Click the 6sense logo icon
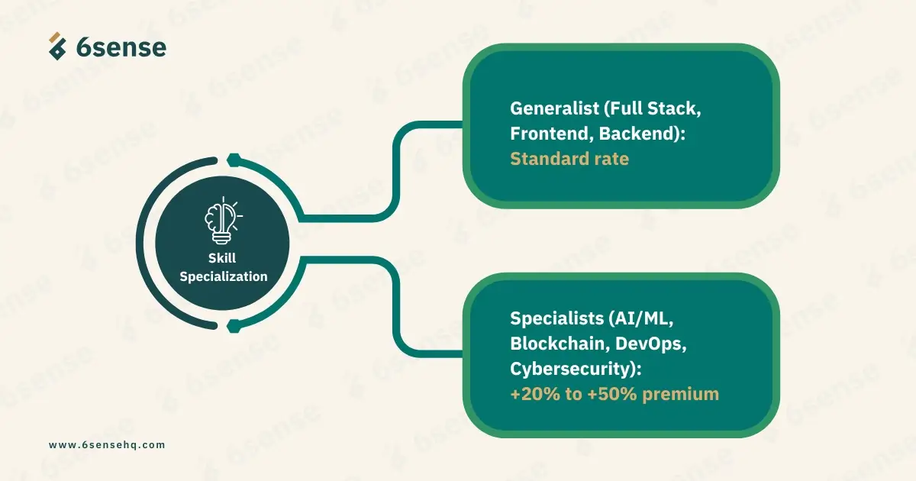pyautogui.click(x=57, y=47)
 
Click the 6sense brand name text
pyautogui.click(x=121, y=47)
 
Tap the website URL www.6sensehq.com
pyautogui.click(x=107, y=444)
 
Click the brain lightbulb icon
pyautogui.click(x=223, y=220)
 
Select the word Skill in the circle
pyautogui.click(x=222, y=258)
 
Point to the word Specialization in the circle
pyautogui.click(x=223, y=277)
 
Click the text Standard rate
pyautogui.click(x=569, y=159)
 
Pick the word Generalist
pyautogui.click(x=554, y=108)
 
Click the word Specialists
pyautogui.click(x=556, y=318)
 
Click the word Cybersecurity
pyautogui.click(x=570, y=369)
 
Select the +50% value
pyautogui.click(x=612, y=394)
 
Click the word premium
pyautogui.click(x=680, y=395)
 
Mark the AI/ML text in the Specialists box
pyautogui.click(x=640, y=318)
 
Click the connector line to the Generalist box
pyautogui.click(x=395, y=172)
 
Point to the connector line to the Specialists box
pyautogui.click(x=395, y=307)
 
